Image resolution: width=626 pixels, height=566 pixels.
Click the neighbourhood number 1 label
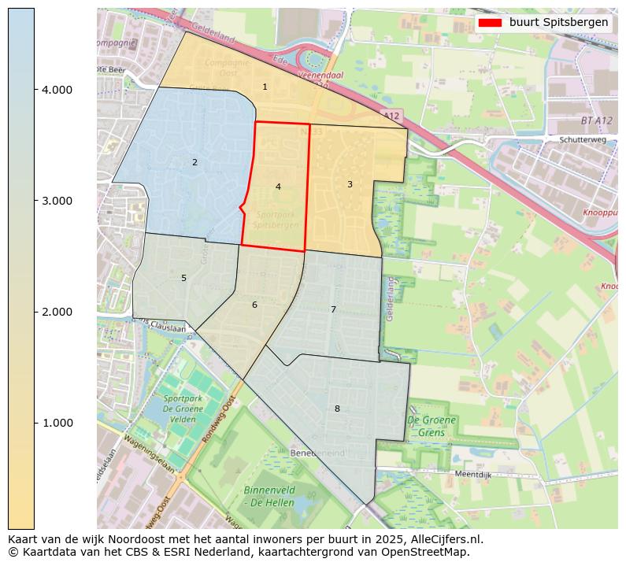click(265, 87)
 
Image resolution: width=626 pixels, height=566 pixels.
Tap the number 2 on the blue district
click(194, 162)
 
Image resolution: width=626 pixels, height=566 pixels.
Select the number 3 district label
click(350, 184)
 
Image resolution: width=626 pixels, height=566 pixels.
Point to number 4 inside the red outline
click(278, 187)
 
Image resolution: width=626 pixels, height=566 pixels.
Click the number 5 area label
click(183, 278)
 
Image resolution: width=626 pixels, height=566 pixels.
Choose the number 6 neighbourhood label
click(254, 305)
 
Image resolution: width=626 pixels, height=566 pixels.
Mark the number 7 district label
click(333, 309)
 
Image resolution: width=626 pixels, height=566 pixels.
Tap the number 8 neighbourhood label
click(337, 409)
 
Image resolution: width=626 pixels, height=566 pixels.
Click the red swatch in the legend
click(490, 23)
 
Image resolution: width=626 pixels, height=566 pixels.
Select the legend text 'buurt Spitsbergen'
click(558, 23)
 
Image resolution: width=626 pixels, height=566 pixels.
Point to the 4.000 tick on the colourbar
click(57, 90)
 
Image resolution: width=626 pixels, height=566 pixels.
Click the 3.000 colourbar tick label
click(57, 201)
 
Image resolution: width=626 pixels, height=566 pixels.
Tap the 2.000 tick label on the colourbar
click(57, 312)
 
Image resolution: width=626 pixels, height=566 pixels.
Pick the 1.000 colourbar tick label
click(57, 423)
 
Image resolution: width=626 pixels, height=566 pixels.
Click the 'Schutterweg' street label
click(582, 139)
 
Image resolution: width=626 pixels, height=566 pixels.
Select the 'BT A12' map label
click(596, 120)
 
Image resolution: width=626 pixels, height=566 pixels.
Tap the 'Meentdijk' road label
click(474, 475)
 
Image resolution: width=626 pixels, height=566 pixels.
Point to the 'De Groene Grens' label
click(432, 426)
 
